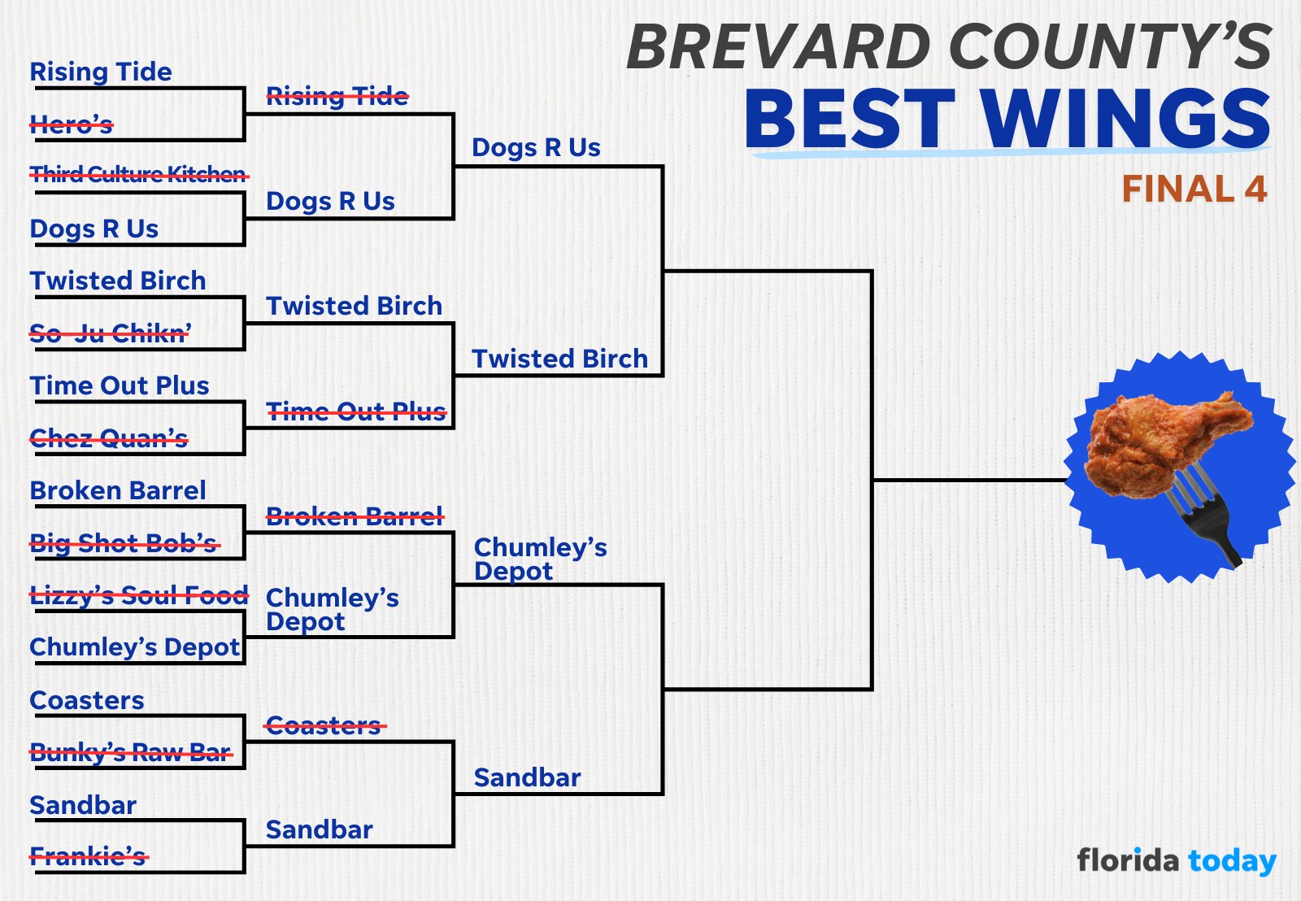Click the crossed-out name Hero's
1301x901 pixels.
pyautogui.click(x=72, y=124)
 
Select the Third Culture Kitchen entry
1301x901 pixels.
pyautogui.click(x=138, y=174)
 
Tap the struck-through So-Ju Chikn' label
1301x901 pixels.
pyautogui.click(x=111, y=333)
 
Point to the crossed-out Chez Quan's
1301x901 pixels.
pyautogui.click(x=109, y=439)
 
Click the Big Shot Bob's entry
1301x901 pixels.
pyautogui.click(x=124, y=543)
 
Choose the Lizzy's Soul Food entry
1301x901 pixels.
pyautogui.click(x=138, y=595)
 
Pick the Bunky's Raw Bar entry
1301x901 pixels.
pyautogui.click(x=131, y=753)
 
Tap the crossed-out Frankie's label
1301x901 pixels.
pyautogui.click(x=88, y=856)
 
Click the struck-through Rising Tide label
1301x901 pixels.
pyautogui.click(x=337, y=97)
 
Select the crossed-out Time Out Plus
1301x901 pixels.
pyautogui.click(x=356, y=411)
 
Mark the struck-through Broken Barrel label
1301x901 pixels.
pyautogui.click(x=355, y=516)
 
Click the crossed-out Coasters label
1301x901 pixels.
pyautogui.click(x=324, y=725)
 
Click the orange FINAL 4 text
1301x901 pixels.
pyautogui.click(x=1194, y=189)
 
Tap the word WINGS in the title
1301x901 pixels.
pyautogui.click(x=1125, y=119)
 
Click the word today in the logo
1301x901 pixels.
pyautogui.click(x=1232, y=861)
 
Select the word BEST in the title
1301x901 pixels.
pyautogui.click(x=850, y=119)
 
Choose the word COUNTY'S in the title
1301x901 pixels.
pyautogui.click(x=1110, y=47)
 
